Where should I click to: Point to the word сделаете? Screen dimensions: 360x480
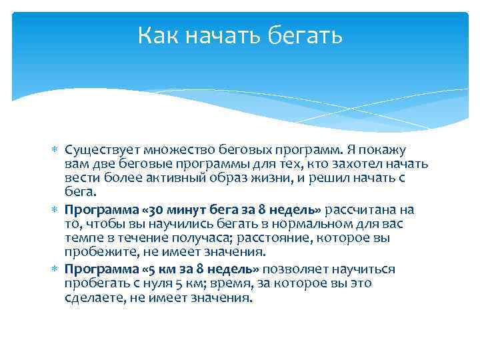tap(93, 297)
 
